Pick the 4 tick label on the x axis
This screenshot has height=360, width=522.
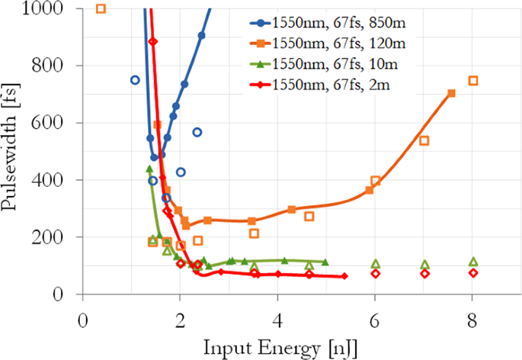[277, 313]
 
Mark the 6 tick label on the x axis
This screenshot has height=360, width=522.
[375, 313]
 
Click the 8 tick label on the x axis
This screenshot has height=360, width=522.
[472, 313]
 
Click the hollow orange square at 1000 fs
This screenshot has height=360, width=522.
[101, 9]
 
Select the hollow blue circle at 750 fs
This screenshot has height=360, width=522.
[135, 80]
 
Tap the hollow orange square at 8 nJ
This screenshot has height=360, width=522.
[473, 81]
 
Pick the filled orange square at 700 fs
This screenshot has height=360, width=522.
[451, 93]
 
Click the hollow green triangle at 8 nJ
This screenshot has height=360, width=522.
[473, 262]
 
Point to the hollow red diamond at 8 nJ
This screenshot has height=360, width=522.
[473, 273]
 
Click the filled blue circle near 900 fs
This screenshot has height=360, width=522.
[201, 36]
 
